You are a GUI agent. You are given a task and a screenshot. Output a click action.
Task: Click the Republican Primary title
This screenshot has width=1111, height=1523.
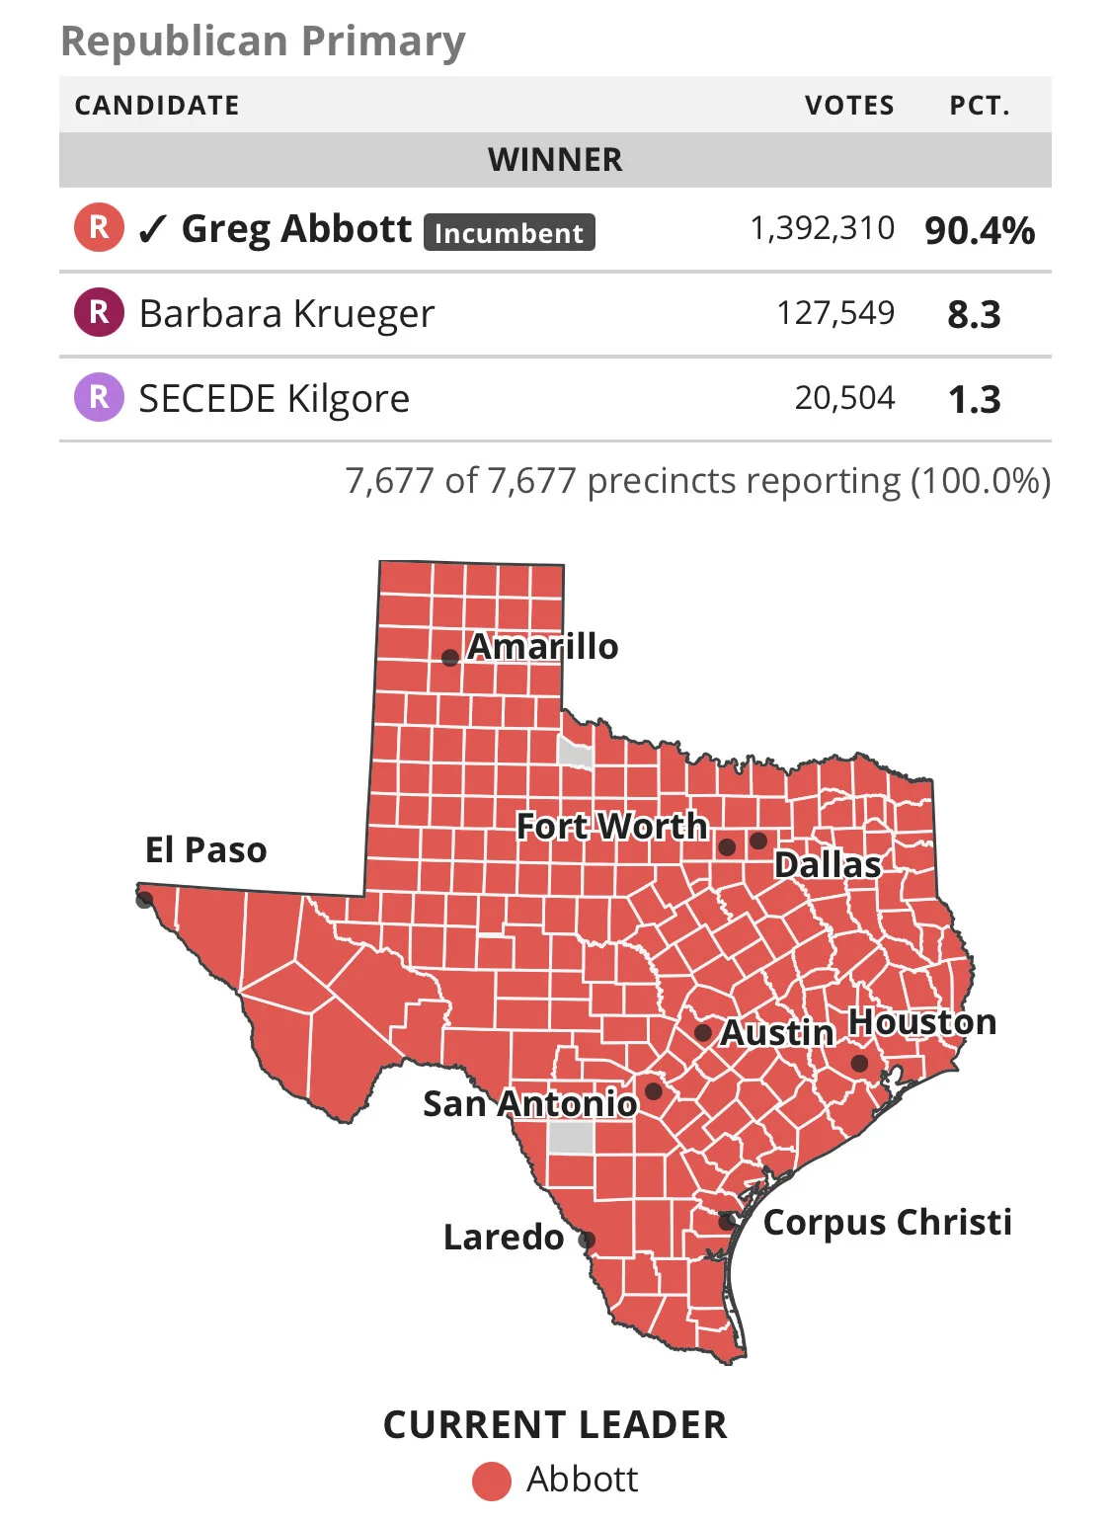coord(263,41)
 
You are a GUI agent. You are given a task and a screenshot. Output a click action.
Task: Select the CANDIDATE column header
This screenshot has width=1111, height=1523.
coord(157,106)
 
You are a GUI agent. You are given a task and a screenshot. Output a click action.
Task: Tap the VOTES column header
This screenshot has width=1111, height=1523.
coord(849,106)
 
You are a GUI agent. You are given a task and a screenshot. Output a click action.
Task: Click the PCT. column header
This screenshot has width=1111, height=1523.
coord(980,106)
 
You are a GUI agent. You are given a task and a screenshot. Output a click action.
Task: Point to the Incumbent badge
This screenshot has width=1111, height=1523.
coord(509,233)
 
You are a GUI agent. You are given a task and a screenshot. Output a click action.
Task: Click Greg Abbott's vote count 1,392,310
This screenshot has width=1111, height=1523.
coord(822,229)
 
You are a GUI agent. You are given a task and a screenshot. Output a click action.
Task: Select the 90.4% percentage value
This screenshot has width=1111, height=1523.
coord(979,231)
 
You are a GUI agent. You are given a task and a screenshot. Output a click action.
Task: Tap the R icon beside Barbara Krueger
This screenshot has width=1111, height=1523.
coord(99,313)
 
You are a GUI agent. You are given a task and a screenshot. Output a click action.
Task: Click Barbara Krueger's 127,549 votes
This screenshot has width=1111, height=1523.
coord(835,314)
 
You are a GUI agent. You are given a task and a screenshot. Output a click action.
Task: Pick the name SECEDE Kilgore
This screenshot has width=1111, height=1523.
coord(274,399)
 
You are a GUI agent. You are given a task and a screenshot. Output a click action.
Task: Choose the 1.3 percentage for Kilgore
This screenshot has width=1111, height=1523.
coord(974,400)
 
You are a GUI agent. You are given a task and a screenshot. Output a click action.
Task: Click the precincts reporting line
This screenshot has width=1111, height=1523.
coord(697,481)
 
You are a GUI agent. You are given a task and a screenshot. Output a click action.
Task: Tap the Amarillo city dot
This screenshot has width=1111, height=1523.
coord(449,658)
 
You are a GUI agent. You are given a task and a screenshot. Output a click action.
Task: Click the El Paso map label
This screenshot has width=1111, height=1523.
coord(205,849)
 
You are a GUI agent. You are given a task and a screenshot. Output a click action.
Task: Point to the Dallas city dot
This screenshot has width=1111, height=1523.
coord(758,841)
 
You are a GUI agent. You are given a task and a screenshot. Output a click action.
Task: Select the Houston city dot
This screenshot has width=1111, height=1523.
coord(859,1064)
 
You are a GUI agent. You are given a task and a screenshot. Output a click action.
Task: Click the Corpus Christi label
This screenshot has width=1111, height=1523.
coord(887,1222)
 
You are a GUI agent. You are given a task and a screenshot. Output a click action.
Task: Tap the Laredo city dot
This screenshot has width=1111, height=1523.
coord(587,1240)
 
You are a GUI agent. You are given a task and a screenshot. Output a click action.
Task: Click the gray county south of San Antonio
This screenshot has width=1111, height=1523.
coord(570,1137)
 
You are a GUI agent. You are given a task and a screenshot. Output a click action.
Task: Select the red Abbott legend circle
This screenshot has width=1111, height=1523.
coord(491,1482)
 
